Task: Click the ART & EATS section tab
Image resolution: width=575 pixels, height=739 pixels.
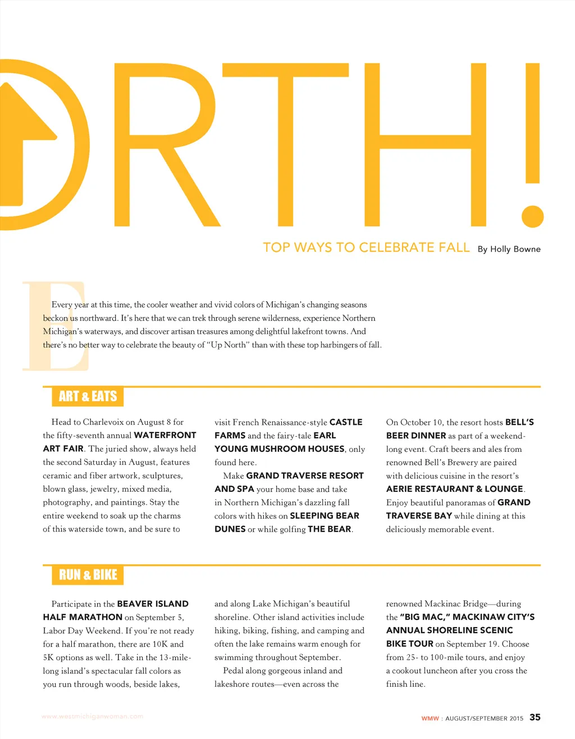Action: coord(88,396)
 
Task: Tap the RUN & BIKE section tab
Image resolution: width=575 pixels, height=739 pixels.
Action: coord(88,574)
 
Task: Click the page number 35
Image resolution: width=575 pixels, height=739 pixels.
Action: coord(535,717)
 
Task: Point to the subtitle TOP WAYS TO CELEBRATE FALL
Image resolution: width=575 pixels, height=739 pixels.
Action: coord(366,247)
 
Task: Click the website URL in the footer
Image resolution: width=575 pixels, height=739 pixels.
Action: coord(92,717)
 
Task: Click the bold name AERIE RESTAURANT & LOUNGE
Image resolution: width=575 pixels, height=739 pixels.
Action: coord(455,489)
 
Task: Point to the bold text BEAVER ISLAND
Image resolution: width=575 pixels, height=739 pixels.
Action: coord(153,604)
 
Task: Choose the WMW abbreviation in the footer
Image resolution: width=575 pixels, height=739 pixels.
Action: coord(430,718)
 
